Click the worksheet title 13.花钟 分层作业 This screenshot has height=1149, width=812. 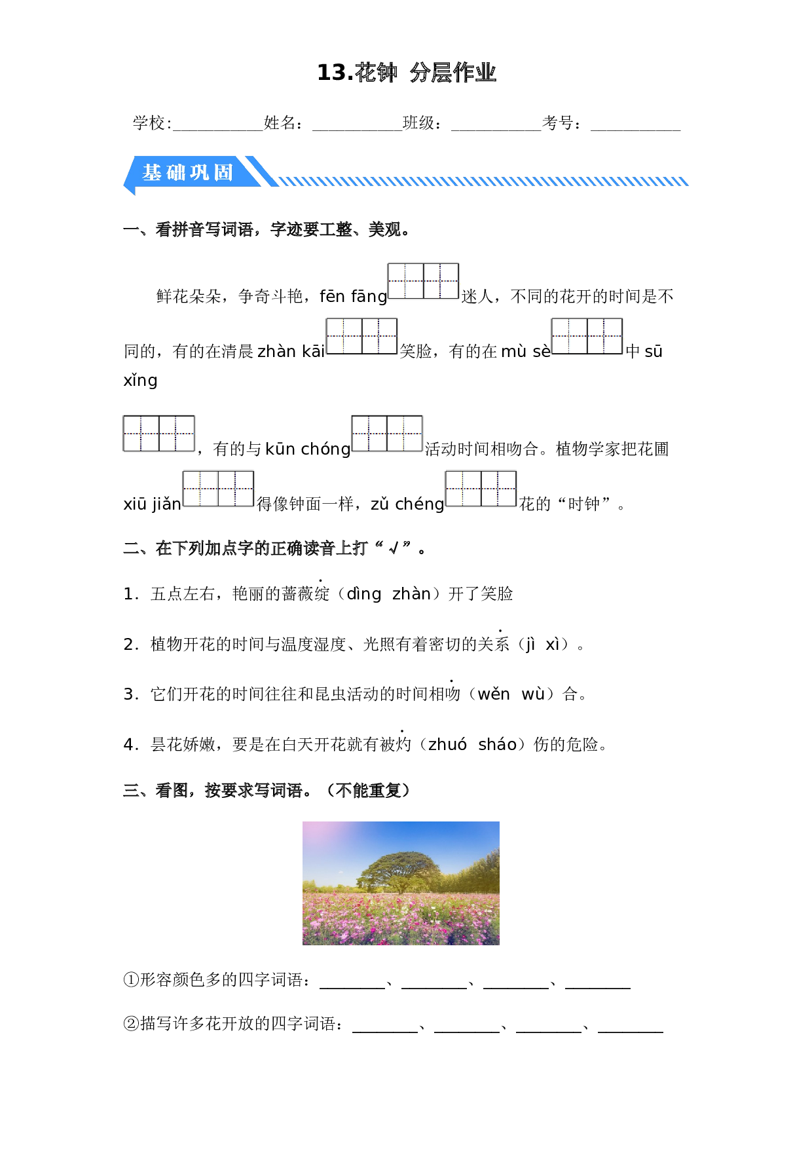point(406,73)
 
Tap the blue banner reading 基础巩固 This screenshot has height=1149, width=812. point(190,172)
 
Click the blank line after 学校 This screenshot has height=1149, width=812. point(217,130)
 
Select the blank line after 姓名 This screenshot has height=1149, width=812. point(357,130)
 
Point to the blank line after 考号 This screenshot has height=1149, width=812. point(635,130)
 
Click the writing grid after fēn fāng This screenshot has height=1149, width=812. point(423,281)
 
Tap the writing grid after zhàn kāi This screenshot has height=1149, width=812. point(361,336)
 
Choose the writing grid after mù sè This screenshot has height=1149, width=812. point(587,336)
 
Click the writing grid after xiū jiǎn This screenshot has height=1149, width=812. point(218,489)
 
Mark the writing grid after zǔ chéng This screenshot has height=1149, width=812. point(481,489)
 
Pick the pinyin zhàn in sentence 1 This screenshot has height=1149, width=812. point(411,593)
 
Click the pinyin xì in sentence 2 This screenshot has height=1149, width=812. point(553,644)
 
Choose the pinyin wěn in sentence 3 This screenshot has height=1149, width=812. point(494,694)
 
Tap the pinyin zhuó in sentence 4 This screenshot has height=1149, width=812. point(447,744)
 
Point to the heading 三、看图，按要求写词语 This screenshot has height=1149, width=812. point(267,791)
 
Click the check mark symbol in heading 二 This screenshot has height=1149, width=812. point(394,548)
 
